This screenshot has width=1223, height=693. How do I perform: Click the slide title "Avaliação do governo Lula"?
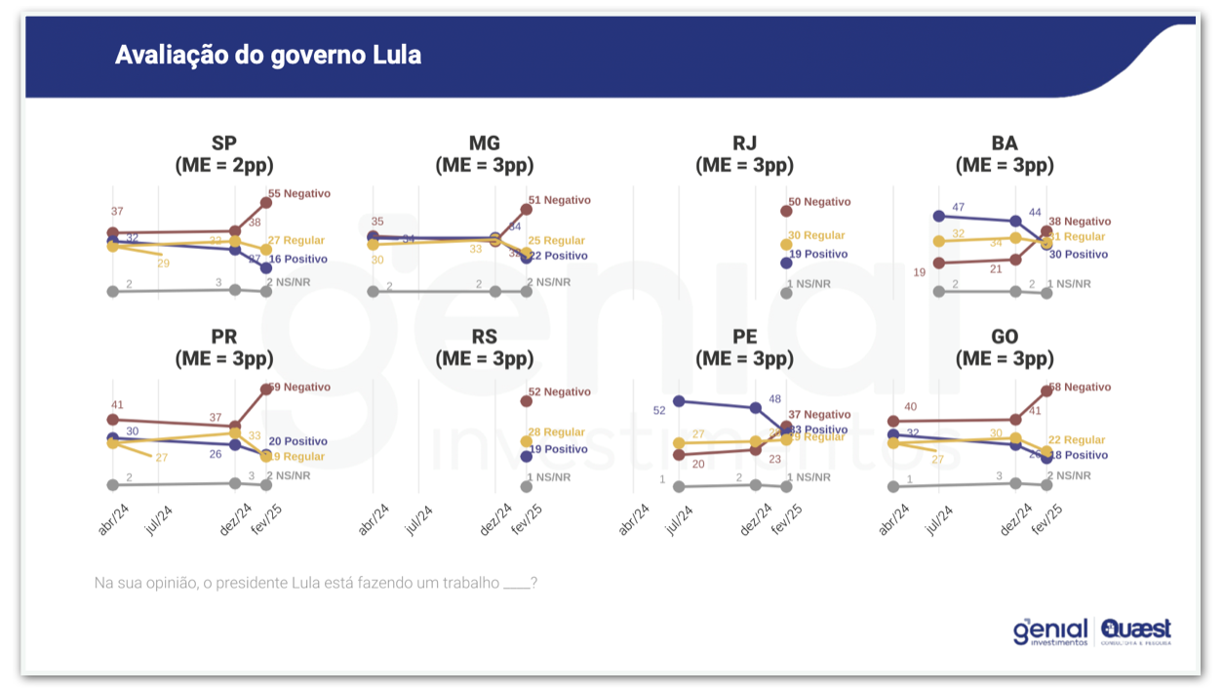pyautogui.click(x=268, y=55)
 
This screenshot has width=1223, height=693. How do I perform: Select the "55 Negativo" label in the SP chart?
pyautogui.click(x=298, y=193)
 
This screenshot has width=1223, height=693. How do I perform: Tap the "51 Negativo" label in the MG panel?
pyautogui.click(x=559, y=200)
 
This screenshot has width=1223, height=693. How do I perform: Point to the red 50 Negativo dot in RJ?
pyautogui.click(x=786, y=210)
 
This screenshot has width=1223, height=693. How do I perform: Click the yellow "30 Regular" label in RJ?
pyautogui.click(x=816, y=235)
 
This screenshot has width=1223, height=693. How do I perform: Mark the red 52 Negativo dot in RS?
pyautogui.click(x=527, y=401)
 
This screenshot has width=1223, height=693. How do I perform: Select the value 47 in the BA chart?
pyautogui.click(x=958, y=207)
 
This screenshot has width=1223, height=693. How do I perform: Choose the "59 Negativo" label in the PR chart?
pyautogui.click(x=298, y=387)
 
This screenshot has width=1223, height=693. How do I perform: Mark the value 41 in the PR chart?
pyautogui.click(x=117, y=404)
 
